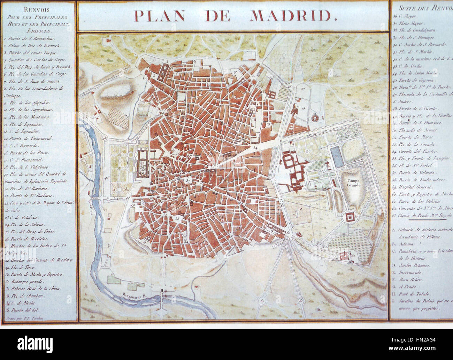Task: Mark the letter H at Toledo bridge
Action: point(162,290)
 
